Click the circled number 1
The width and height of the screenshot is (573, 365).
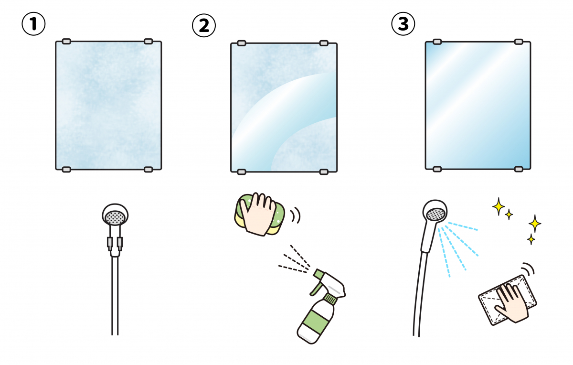(x=33, y=23)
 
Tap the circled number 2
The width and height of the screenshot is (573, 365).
(x=204, y=25)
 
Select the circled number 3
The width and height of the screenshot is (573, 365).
(x=403, y=23)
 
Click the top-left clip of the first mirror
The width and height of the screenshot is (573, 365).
(x=66, y=42)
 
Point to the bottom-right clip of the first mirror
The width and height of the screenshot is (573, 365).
(x=149, y=170)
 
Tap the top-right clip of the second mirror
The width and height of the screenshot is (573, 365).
(x=324, y=43)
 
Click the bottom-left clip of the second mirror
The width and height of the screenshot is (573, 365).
(x=242, y=172)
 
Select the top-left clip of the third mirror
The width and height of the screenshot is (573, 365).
(x=437, y=42)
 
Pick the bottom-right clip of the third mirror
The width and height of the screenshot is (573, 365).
(x=519, y=169)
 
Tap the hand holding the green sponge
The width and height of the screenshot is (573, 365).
(x=258, y=214)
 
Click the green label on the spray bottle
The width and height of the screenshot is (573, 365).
(x=317, y=320)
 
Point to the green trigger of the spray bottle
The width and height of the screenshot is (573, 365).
(x=317, y=283)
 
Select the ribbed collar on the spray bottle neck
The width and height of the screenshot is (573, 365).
(x=330, y=299)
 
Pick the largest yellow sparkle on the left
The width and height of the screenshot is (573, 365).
(x=499, y=206)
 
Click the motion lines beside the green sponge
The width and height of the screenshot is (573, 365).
(x=295, y=215)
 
